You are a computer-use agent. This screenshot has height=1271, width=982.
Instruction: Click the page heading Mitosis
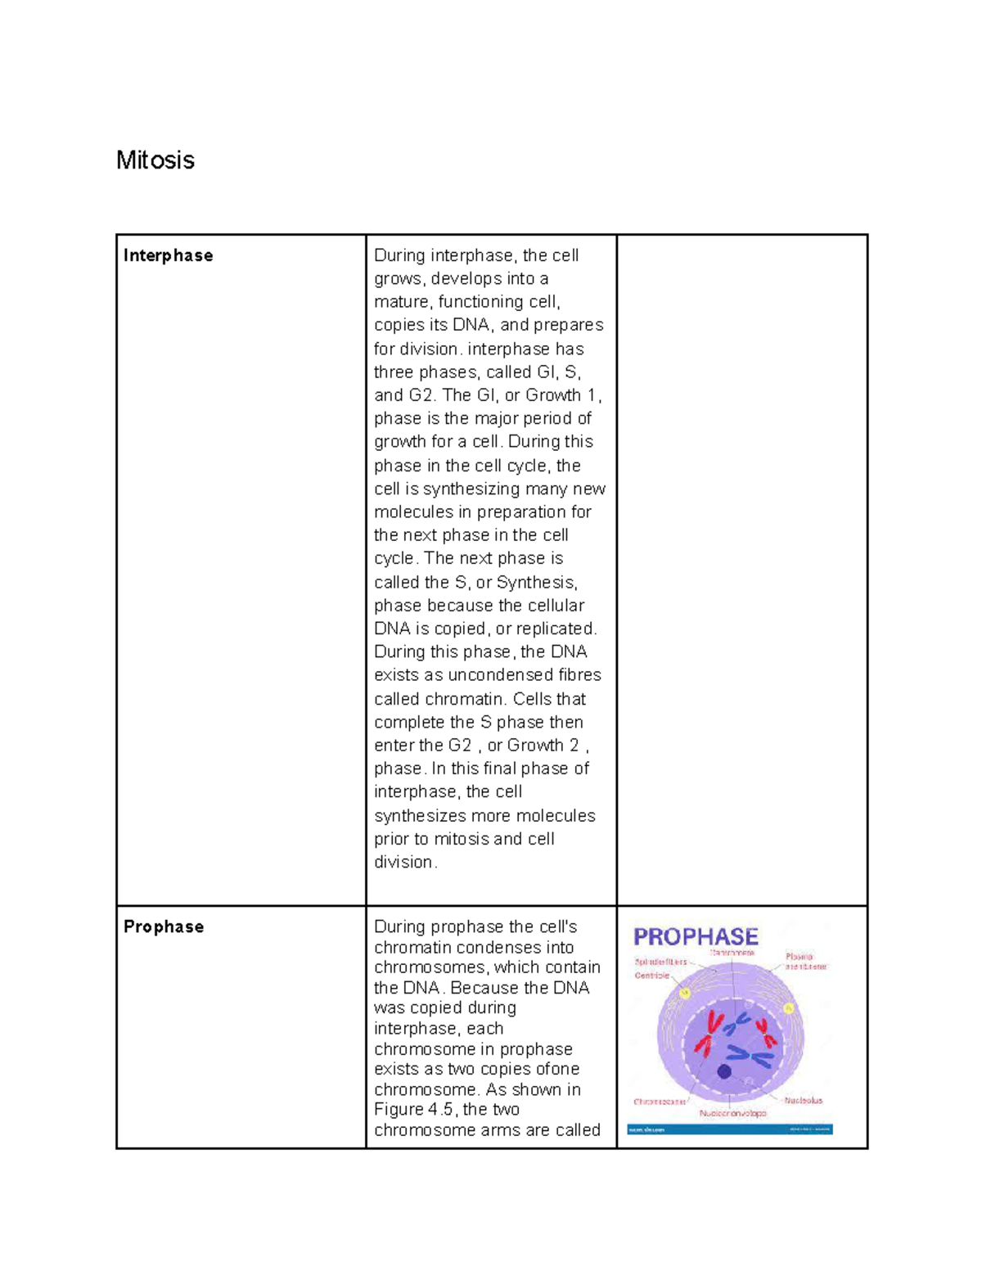(155, 160)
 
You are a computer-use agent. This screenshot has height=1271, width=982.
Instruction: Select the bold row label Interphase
(168, 255)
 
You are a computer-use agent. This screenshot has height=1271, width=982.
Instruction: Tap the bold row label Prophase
(163, 926)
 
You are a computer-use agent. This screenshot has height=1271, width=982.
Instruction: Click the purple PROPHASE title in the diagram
(696, 937)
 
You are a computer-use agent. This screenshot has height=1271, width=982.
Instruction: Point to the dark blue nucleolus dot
(724, 1071)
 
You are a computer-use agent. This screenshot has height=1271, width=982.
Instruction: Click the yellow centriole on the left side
(686, 994)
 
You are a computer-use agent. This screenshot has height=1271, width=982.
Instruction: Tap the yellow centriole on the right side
(789, 1008)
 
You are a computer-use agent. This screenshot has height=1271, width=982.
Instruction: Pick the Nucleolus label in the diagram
(803, 1101)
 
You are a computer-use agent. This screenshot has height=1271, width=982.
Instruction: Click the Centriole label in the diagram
(651, 976)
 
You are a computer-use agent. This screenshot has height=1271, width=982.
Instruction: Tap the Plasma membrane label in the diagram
(805, 961)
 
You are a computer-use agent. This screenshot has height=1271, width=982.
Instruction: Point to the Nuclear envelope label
(732, 1113)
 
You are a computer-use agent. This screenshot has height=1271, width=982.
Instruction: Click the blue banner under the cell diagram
(729, 1129)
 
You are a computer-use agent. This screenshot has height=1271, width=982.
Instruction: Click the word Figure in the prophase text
(399, 1110)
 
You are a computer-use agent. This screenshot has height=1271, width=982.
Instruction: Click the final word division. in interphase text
(406, 862)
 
